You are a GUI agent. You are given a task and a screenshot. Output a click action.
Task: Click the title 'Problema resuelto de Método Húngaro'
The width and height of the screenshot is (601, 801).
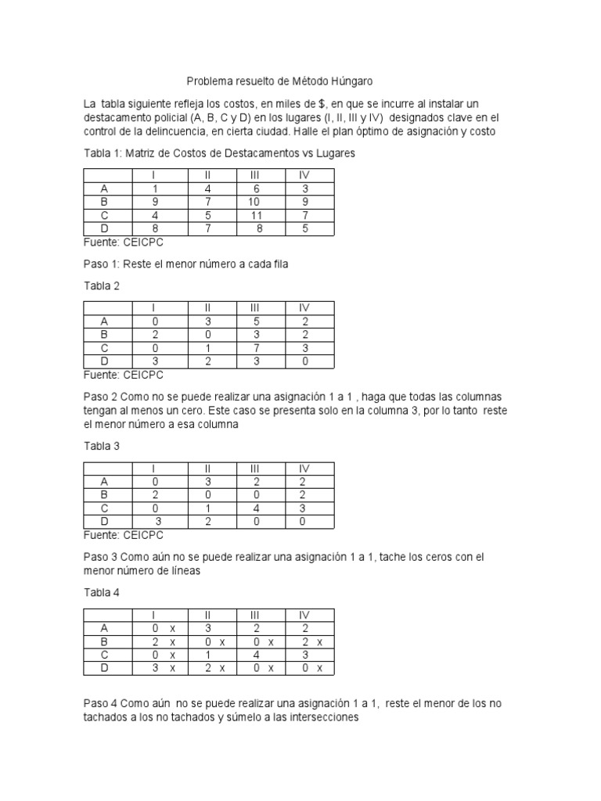[279, 81]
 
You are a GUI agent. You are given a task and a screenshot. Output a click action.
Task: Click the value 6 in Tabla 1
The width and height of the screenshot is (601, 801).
[255, 189]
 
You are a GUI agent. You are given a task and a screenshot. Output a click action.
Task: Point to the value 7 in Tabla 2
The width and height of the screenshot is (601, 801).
[255, 348]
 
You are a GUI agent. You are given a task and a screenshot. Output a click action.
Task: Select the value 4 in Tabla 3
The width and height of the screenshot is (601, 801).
[255, 508]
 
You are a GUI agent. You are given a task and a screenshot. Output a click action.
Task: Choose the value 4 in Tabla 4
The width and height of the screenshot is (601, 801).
[255, 654]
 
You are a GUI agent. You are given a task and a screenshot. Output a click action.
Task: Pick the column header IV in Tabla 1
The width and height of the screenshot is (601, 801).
[305, 174]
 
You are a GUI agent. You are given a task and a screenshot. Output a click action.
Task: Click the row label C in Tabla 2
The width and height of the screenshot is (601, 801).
[105, 348]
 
